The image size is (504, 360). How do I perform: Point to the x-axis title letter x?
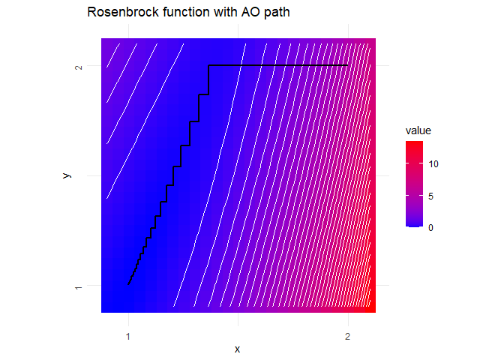point(238,349)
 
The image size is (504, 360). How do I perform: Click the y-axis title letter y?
point(67,175)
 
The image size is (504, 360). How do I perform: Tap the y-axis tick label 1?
point(79,286)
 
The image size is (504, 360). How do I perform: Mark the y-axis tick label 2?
point(79,66)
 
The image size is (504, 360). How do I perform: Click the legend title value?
point(418,130)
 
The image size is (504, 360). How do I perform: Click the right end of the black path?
point(347,66)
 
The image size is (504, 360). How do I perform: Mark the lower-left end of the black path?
point(129,285)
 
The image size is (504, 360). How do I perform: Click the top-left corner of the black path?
point(208,66)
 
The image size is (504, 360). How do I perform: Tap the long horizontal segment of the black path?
point(277,66)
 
